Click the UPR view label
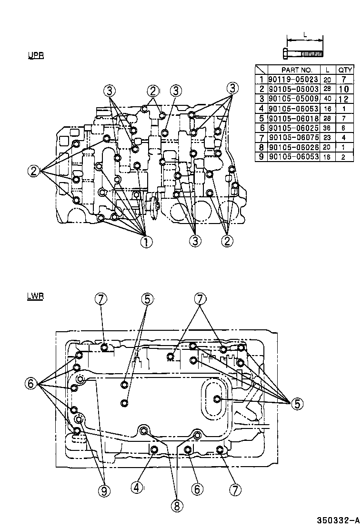click(36, 55)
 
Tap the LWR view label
click(36, 296)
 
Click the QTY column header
click(345, 70)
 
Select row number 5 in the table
click(261, 118)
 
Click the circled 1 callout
click(146, 242)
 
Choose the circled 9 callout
click(104, 490)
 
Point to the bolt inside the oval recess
click(217, 398)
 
